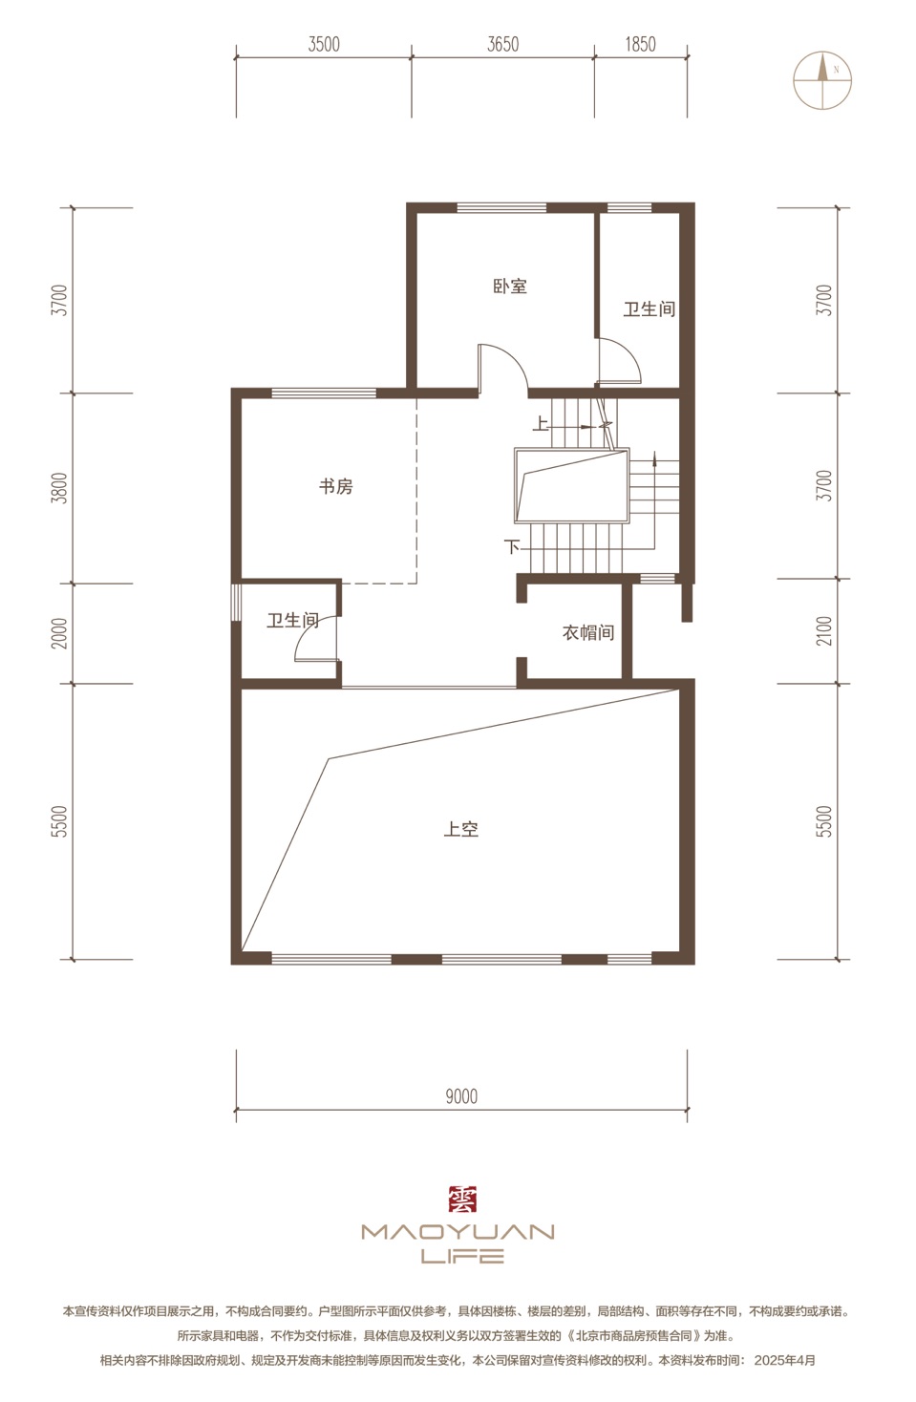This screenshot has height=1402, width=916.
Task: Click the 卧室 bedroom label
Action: [x=510, y=286]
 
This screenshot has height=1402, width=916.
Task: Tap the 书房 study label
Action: [x=335, y=486]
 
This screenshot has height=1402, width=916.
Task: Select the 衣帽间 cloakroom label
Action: [x=588, y=632]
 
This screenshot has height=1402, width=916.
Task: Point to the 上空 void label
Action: [x=460, y=829]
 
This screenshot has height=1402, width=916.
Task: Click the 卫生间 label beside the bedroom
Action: [x=650, y=308]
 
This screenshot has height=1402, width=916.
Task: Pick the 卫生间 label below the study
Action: [x=293, y=620]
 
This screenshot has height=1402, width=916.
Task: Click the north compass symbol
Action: [x=822, y=80]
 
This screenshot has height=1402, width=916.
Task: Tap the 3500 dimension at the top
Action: [x=324, y=45]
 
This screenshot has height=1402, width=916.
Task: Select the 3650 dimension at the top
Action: [x=502, y=45]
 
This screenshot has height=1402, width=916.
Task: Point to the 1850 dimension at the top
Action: [x=640, y=45]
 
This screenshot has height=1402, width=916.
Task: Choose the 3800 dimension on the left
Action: [x=59, y=488]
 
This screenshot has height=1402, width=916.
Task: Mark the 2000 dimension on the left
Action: [x=59, y=633]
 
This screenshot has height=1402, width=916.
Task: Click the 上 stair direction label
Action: [x=541, y=424]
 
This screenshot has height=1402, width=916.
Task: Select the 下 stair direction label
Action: [x=512, y=547]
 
